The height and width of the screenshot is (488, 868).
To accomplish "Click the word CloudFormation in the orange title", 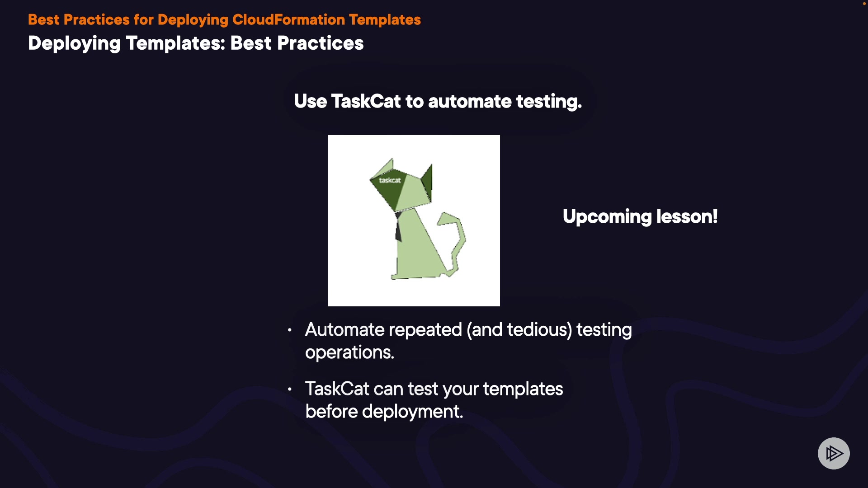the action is pos(288,20).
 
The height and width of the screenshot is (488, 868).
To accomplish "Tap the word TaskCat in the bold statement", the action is pos(366,101).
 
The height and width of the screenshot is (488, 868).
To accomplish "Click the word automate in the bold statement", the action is pos(470,102).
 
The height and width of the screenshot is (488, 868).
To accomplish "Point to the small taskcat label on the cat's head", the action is pos(390,180).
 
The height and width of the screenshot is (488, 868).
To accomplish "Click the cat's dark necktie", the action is pos(398,226).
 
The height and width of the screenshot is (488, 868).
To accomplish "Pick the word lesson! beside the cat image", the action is pos(687,216).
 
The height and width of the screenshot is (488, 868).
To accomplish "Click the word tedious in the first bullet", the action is pos(537,330).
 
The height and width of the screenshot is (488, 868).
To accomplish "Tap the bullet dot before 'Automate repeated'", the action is pos(289,330).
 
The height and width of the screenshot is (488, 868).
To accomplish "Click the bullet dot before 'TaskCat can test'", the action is pos(289,389).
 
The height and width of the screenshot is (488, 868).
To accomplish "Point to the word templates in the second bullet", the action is pos(523,389).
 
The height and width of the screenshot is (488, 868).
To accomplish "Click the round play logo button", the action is pos(834,453).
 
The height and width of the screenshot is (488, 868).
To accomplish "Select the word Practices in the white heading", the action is pos(320,43).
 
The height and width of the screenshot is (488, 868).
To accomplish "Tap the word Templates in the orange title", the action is pos(385,20).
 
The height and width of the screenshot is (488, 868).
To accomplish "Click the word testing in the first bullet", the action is pos(604,330).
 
